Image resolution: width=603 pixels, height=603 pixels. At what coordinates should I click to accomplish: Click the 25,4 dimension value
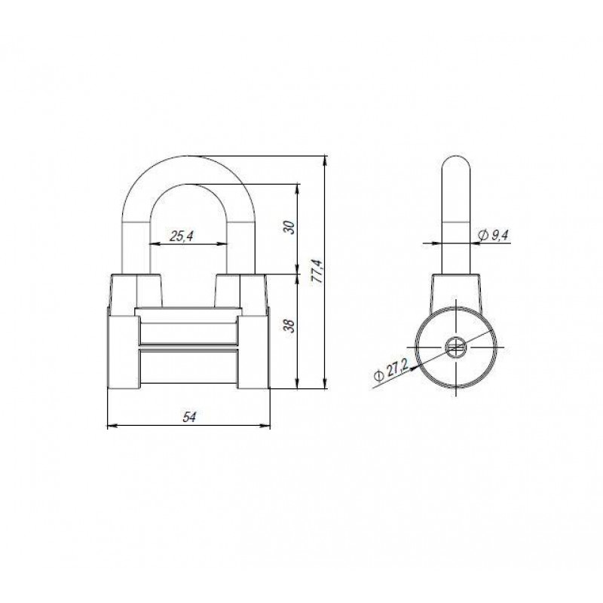[181, 236]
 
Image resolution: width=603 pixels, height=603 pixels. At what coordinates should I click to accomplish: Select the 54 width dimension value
[189, 417]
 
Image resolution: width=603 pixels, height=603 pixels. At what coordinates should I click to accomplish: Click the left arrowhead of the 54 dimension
[112, 425]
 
